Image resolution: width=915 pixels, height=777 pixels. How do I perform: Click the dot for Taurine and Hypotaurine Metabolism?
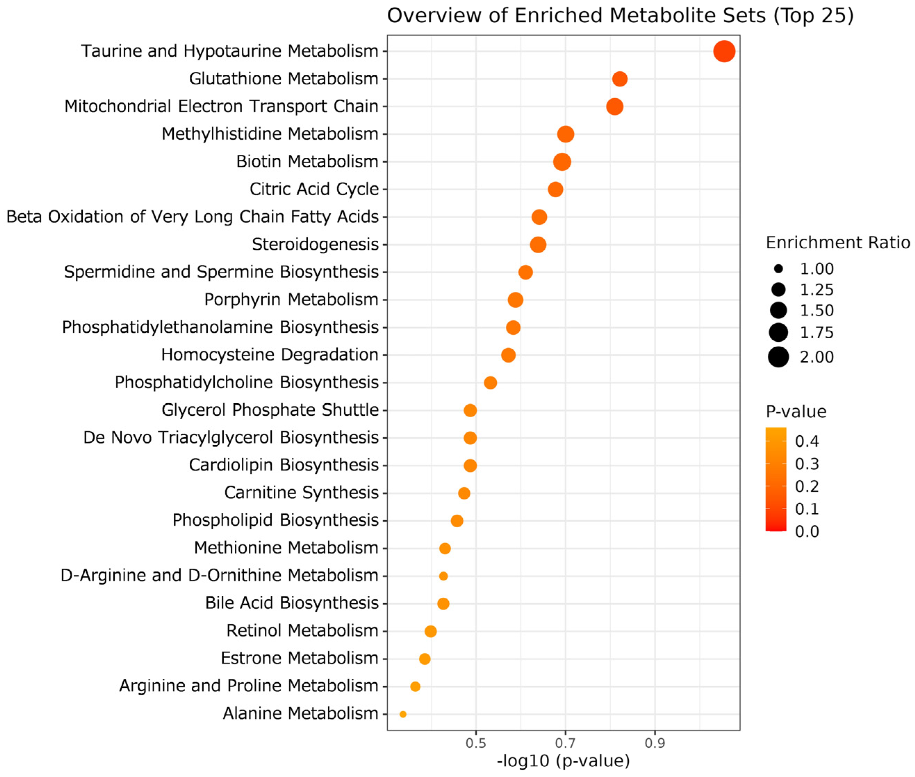click(724, 51)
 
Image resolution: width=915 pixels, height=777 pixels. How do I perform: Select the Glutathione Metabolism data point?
click(619, 79)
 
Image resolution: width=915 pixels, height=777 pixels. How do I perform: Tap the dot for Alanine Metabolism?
click(403, 714)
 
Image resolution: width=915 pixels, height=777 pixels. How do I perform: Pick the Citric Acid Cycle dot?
click(555, 189)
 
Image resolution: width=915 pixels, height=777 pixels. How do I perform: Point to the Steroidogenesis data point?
click(538, 245)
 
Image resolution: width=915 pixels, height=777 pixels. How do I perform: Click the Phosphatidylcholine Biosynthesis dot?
click(490, 383)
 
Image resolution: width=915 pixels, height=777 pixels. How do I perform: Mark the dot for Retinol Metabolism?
click(430, 631)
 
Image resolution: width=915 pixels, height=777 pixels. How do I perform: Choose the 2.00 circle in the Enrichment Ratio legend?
click(778, 356)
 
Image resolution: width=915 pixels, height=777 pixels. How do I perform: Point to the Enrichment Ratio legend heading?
click(838, 243)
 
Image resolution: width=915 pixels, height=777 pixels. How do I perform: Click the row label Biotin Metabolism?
click(307, 162)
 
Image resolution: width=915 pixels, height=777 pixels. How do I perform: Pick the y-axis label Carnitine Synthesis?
click(301, 493)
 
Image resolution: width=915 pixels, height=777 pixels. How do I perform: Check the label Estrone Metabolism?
click(299, 658)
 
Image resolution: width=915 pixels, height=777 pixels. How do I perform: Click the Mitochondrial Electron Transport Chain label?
click(222, 106)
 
